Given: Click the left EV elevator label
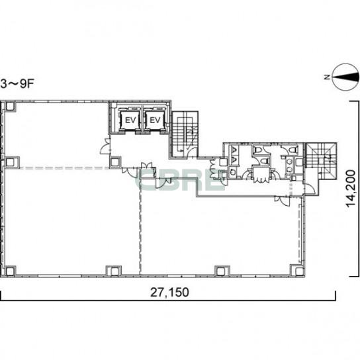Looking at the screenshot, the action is tap(130, 120).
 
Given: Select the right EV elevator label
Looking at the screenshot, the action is tap(155, 120).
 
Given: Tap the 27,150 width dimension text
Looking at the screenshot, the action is tap(169, 292).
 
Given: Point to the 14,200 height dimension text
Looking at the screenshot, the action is tap(351, 189).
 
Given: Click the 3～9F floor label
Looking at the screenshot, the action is tap(17, 84).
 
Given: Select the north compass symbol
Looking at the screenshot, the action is tap(346, 77).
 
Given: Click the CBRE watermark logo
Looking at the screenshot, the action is tap(181, 179).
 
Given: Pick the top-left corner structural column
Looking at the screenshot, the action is tap(10, 107).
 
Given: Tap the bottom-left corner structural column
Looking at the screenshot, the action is tap(10, 271).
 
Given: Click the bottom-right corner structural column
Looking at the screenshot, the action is tap(298, 271).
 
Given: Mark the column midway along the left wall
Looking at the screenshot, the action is tap(11, 162).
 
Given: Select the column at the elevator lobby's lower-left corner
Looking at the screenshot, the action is tap(115, 162).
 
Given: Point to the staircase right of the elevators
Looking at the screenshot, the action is tap(185, 135).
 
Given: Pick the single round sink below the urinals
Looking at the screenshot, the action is tap(233, 172).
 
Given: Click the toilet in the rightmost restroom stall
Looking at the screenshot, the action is tap(292, 150).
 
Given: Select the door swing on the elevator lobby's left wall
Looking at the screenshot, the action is tap(105, 146).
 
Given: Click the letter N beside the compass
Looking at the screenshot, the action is tap(327, 77).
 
